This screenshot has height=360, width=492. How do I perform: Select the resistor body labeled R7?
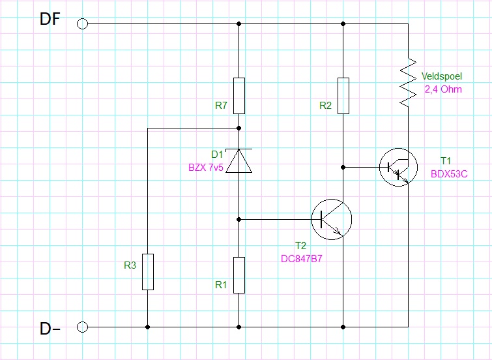(239, 96)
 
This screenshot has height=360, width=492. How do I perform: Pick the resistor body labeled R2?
(343, 96)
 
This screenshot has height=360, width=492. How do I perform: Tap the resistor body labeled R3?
(148, 272)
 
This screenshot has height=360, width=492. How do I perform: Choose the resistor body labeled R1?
(239, 275)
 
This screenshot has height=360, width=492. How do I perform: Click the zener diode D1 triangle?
(239, 161)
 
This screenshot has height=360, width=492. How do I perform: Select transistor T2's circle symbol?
(332, 219)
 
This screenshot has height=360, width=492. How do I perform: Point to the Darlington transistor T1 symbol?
(399, 167)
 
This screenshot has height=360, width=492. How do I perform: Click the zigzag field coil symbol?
(408, 82)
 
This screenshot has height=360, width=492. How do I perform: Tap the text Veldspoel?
(441, 76)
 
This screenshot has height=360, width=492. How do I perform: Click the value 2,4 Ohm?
(443, 89)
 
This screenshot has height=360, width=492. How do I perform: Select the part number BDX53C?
(449, 174)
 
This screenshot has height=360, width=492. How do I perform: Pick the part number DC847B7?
(302, 259)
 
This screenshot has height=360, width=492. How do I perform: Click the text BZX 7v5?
(206, 168)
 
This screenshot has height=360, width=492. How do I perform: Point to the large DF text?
(50, 19)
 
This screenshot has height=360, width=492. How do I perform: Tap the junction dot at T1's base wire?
(343, 168)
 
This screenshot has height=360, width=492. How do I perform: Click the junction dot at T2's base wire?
(239, 220)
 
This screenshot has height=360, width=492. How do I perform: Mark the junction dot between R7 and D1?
(239, 128)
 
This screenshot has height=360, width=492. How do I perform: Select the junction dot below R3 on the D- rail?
(148, 327)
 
